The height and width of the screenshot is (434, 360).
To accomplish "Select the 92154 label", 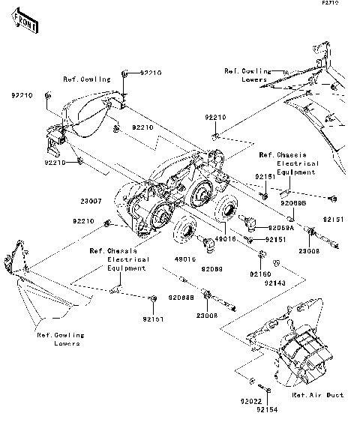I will tap(265, 410).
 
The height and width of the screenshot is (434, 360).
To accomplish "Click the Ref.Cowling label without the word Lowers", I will tap(86, 79).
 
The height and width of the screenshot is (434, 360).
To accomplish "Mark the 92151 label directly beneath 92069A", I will tap(275, 239).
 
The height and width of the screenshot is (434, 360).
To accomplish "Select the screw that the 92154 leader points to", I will tap(268, 390).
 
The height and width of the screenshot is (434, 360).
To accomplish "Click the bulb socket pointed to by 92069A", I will tap(250, 223).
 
